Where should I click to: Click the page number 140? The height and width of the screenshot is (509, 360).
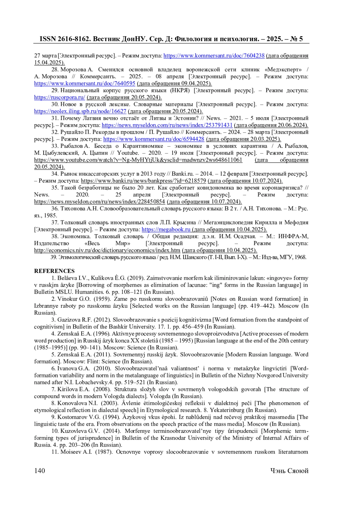(40, 471)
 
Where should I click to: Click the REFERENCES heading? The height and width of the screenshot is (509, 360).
(54, 271)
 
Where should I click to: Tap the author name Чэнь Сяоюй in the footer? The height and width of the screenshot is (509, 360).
(289, 471)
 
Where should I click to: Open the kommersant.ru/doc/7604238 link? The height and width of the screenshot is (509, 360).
(214, 55)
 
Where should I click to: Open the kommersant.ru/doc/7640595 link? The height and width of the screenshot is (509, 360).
(85, 83)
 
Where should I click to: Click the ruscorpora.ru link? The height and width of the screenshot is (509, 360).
(59, 97)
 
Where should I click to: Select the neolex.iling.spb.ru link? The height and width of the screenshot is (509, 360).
(80, 111)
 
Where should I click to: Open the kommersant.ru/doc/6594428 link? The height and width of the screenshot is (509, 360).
(154, 139)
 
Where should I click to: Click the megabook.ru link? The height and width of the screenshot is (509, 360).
(166, 229)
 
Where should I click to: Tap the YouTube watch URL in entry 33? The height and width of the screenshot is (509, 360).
(138, 160)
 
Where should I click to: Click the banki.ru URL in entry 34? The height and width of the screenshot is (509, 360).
(143, 181)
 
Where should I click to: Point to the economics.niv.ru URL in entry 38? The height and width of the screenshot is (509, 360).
(107, 250)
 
